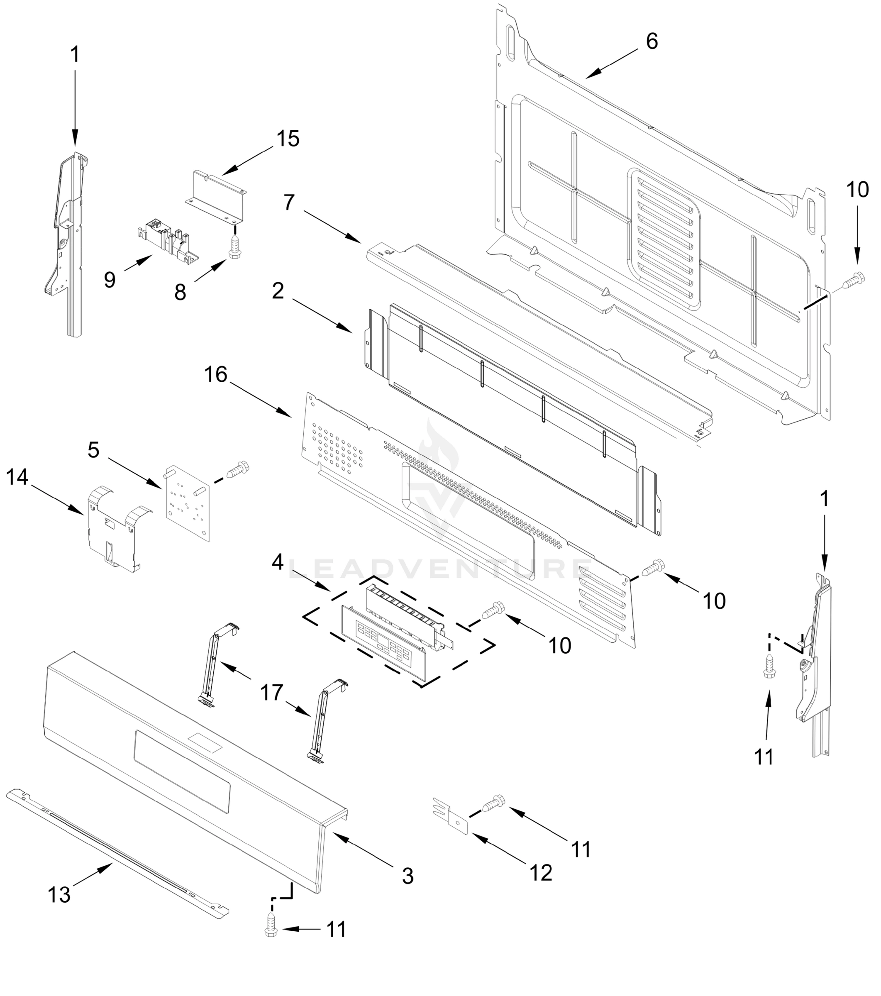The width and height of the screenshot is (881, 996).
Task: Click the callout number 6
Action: (x=652, y=41)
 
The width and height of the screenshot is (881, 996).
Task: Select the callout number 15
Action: (x=288, y=139)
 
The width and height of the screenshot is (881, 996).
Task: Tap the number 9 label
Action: (x=110, y=280)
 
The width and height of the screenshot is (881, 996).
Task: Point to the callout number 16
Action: (x=216, y=375)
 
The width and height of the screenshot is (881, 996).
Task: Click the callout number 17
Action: (x=271, y=692)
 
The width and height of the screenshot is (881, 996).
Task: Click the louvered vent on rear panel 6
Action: (x=665, y=239)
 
